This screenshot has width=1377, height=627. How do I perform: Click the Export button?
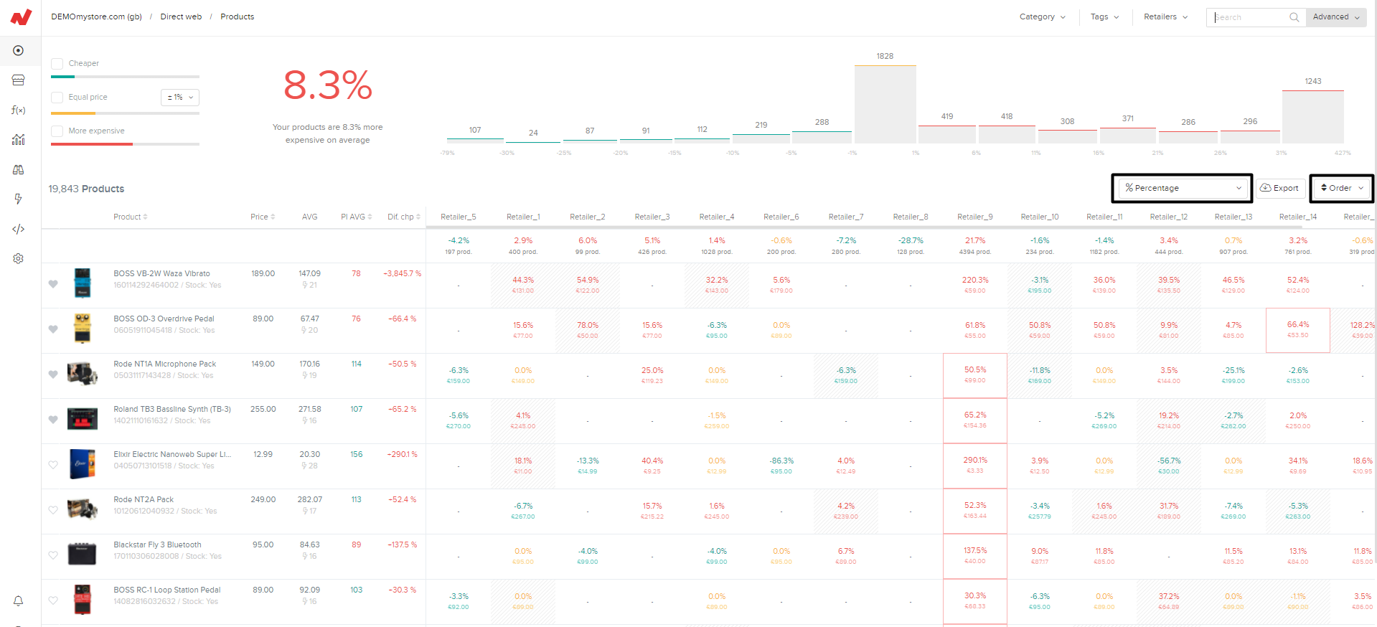point(1279,188)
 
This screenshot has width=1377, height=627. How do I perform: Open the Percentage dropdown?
point(1182,188)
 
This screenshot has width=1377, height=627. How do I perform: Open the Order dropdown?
point(1341,188)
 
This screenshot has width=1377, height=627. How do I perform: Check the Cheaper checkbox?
point(57,64)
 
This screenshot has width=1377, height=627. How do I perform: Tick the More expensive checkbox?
point(57,131)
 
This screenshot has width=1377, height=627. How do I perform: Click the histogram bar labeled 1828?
point(885,104)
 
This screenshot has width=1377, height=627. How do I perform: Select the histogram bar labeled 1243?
point(1312,116)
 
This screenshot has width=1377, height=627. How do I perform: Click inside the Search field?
point(1251,17)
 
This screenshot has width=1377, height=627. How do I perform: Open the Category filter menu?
point(1042,17)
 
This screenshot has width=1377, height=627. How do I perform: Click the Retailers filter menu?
point(1165,17)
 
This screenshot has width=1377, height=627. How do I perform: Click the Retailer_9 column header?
point(974,217)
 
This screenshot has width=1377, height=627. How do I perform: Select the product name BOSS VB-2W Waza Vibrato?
point(161,273)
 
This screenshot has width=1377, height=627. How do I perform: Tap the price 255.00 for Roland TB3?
point(263,409)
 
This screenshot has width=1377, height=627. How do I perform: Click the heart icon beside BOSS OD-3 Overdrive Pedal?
point(53,329)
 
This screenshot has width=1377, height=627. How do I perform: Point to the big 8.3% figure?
point(328,85)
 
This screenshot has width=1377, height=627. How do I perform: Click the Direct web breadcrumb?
point(181,17)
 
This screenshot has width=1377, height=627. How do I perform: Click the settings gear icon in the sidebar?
point(19,258)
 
